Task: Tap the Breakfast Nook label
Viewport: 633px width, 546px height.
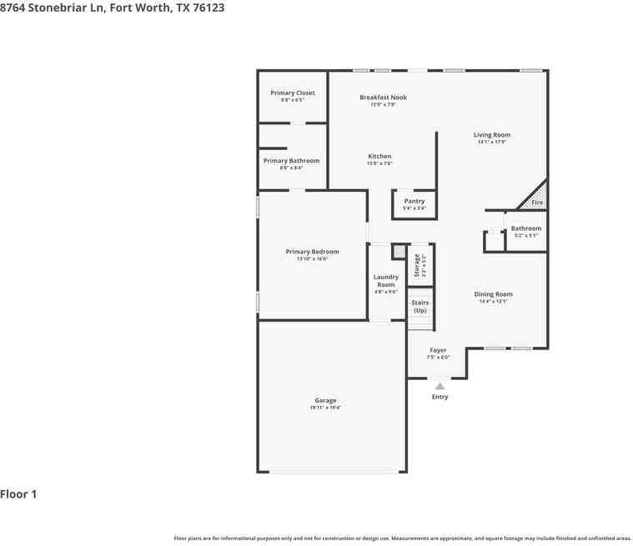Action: (383, 98)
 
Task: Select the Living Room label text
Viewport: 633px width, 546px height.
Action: (491, 135)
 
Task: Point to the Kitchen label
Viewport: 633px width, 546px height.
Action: (379, 157)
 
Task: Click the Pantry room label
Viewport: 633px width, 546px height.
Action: (414, 201)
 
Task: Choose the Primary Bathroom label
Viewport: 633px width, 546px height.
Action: (291, 161)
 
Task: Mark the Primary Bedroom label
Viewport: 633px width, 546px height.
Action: (312, 252)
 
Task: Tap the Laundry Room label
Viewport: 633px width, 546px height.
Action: (385, 280)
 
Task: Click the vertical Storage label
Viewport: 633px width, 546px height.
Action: (418, 266)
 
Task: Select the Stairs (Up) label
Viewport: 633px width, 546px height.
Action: (420, 306)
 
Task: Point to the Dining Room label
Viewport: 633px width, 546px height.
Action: (493, 294)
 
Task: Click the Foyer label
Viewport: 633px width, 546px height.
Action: (438, 350)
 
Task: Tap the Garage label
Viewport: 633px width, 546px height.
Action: (325, 400)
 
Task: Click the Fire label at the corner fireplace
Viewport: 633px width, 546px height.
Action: (537, 203)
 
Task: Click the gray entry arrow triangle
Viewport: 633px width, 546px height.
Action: (440, 385)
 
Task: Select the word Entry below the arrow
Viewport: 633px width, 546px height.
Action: (440, 397)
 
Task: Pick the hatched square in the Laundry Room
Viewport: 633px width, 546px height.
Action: (399, 250)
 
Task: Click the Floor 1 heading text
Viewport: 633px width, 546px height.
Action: (18, 494)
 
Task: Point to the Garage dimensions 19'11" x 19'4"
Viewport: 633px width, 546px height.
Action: (325, 408)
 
